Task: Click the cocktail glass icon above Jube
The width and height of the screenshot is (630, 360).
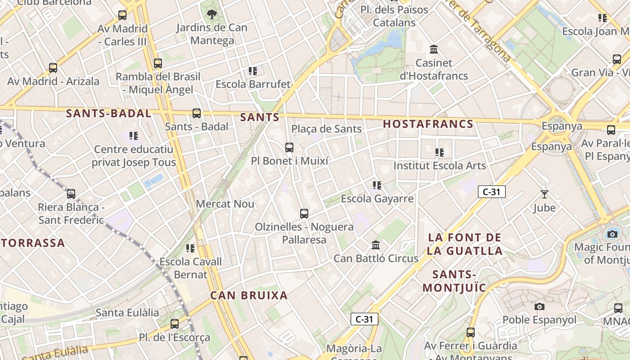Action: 544,194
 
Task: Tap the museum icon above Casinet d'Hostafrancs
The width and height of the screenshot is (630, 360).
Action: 434,49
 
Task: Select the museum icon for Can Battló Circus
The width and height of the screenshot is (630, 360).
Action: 376,245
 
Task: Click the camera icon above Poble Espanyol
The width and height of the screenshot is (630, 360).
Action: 539,307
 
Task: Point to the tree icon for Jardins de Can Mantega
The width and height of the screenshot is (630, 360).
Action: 211,14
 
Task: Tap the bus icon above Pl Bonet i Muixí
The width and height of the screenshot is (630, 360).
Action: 289,147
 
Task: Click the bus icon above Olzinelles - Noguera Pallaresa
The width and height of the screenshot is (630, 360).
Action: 304,213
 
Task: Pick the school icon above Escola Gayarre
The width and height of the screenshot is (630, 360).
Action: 377,185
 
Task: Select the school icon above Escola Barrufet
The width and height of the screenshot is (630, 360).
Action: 253,71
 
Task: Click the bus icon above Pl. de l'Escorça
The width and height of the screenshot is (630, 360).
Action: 175,324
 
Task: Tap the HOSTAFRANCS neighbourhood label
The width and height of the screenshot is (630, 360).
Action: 428,124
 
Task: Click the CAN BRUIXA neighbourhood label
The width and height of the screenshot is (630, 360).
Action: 249,296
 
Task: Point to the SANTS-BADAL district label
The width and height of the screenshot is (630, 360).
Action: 108,113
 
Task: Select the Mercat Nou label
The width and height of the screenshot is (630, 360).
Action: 225,204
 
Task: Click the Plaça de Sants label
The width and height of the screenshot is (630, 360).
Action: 326,129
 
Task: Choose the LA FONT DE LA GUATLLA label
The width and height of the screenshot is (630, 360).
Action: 464,244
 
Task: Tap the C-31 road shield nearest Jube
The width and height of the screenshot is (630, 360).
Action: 491,192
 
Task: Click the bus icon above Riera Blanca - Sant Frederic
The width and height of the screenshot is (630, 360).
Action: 71,194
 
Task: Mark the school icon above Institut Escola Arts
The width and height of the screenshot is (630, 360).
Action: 440,153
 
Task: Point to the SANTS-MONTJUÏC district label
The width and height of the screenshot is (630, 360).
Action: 454,281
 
